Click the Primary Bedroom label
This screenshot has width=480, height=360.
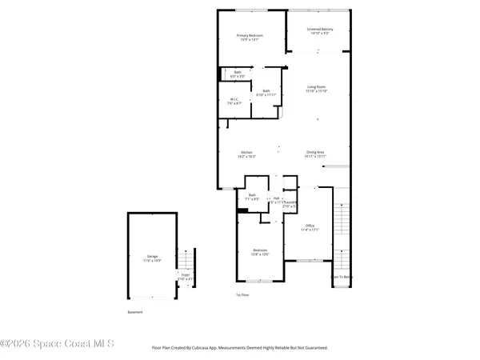pyautogui.click(x=250, y=38)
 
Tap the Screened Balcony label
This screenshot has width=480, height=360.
pyautogui.click(x=318, y=32)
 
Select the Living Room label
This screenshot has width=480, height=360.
pyautogui.click(x=315, y=89)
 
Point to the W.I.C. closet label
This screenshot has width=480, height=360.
pyautogui.click(x=234, y=101)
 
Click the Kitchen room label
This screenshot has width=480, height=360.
pyautogui.click(x=246, y=154)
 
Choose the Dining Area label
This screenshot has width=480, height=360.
pyautogui.click(x=315, y=154)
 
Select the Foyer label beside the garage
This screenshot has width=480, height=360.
pyautogui.click(x=185, y=277)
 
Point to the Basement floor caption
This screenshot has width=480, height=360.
pyautogui.click(x=135, y=312)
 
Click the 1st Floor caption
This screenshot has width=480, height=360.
pyautogui.click(x=242, y=294)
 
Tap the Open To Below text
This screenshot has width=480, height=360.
pyautogui.click(x=342, y=278)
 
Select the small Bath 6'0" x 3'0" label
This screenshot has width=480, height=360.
pyautogui.click(x=238, y=74)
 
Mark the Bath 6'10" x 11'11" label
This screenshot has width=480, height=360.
pyautogui.click(x=266, y=93)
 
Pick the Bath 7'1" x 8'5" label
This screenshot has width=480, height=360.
pyautogui.click(x=252, y=197)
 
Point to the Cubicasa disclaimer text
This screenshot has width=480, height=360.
pyautogui.click(x=240, y=348)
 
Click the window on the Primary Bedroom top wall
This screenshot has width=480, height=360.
pyautogui.click(x=250, y=10)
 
